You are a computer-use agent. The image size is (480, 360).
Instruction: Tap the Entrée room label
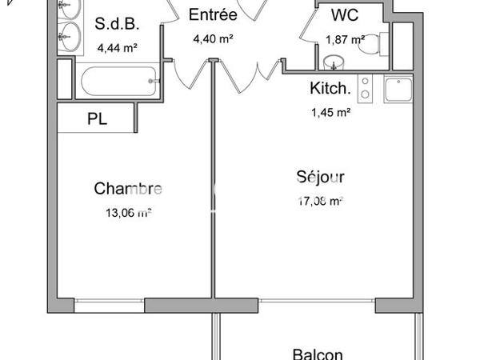212,14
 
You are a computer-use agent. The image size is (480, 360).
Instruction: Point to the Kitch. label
330,89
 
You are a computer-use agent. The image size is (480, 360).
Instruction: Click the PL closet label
98,120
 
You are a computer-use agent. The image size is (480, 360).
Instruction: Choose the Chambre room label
128,189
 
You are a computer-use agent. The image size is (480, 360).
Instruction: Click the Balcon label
318,354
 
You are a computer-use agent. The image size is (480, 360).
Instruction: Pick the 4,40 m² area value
212,38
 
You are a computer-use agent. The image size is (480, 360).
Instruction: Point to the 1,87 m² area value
345,38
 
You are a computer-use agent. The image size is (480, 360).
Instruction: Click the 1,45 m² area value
330,113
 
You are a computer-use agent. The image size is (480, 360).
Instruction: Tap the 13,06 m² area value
128,213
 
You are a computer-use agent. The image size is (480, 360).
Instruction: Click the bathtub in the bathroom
117,81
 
